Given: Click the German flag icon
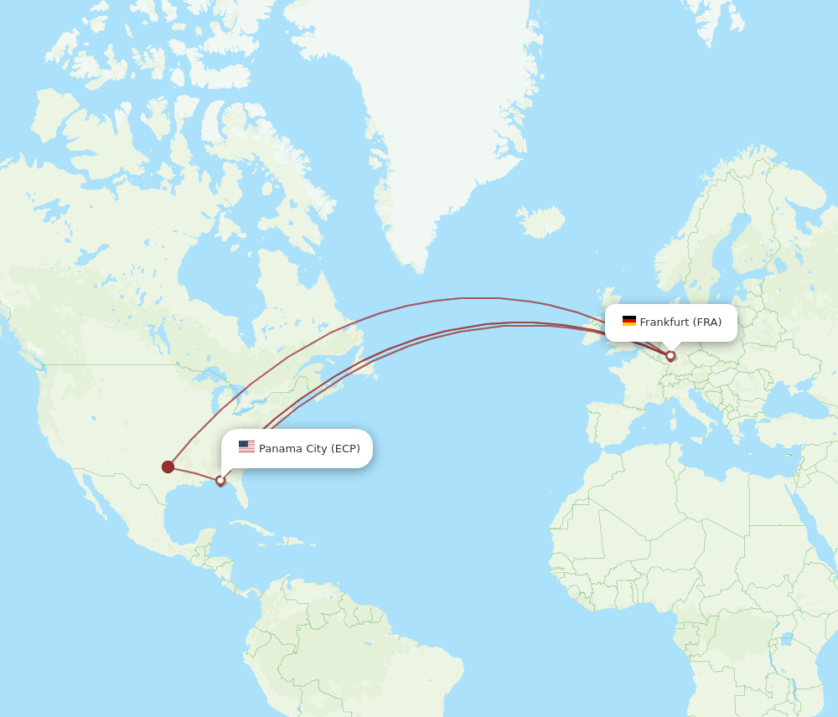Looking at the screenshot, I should [x=629, y=322].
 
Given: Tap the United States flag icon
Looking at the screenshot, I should [x=246, y=447].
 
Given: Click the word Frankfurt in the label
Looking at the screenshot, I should [x=665, y=322].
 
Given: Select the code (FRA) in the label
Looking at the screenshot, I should [x=707, y=322].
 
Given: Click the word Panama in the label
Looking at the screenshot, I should [x=281, y=449].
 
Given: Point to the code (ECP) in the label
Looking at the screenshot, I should [x=345, y=449].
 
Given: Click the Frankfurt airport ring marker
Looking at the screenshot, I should [x=670, y=356].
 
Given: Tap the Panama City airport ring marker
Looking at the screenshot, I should [x=220, y=481].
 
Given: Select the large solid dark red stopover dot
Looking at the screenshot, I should [x=168, y=467].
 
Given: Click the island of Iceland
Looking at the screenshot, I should [x=540, y=222].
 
